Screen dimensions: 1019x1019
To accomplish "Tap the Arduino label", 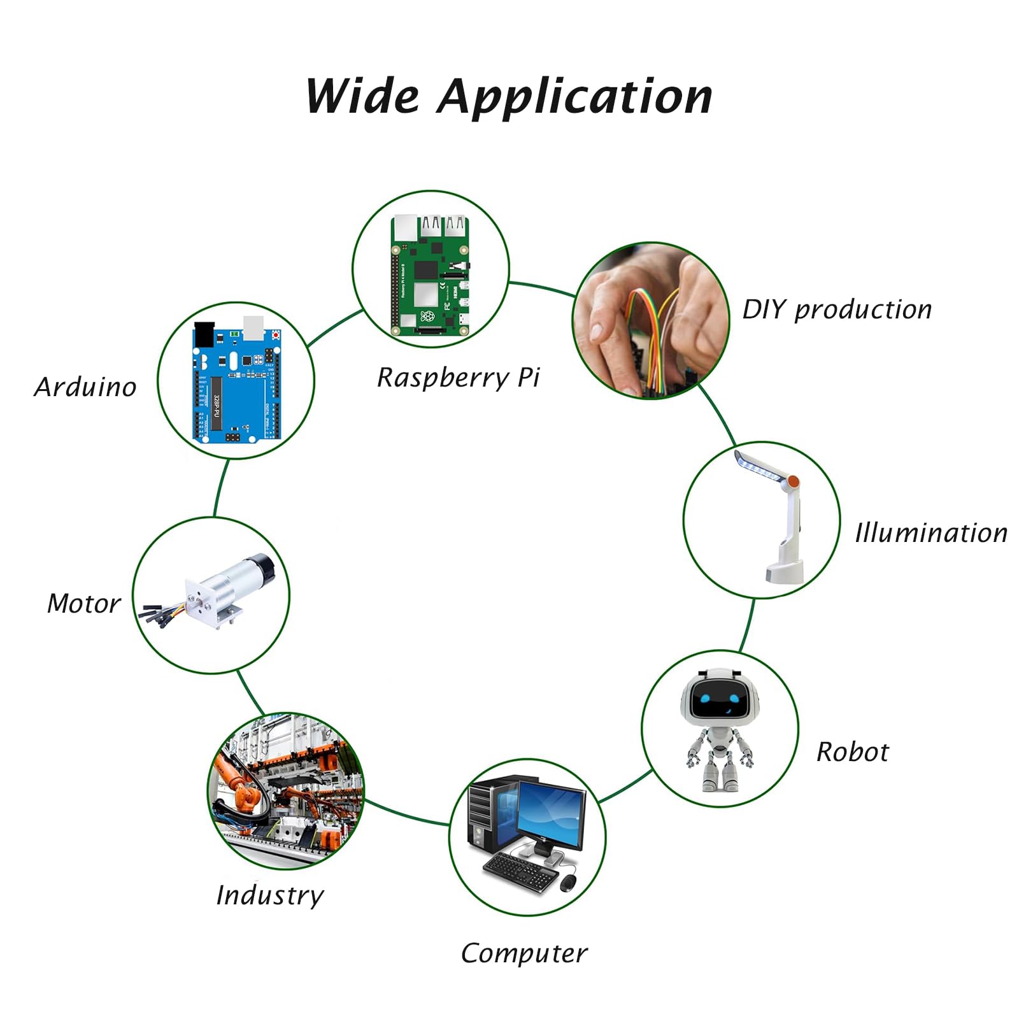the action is [85, 387].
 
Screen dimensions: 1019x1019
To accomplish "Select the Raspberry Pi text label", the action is [458, 378].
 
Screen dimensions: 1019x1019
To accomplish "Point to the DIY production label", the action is [837, 310].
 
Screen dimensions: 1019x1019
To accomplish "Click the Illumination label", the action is [931, 532].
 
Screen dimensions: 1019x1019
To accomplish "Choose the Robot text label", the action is [852, 752].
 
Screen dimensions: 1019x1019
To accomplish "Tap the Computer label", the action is [524, 953].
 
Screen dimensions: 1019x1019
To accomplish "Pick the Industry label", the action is [270, 895].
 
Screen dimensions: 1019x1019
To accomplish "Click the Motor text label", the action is [84, 604].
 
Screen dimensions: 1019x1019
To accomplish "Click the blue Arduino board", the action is [237, 381].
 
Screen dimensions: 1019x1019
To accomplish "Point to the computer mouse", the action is [568, 883].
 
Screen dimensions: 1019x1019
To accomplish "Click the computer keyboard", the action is [520, 872].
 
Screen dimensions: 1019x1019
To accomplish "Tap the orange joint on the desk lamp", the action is [793, 481].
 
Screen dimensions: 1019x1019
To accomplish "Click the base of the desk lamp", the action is [784, 571].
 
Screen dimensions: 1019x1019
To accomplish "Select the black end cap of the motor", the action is [264, 566].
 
